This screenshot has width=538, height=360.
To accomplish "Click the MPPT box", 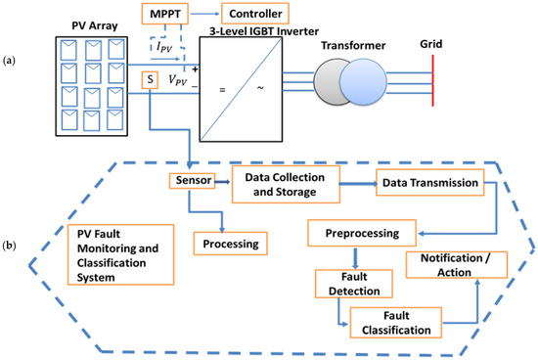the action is coord(165,14).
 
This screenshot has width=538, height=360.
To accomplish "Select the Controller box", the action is coord(255,14).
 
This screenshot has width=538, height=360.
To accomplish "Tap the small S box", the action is coord(150,80).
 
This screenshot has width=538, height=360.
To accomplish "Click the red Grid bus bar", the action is coord(432,80).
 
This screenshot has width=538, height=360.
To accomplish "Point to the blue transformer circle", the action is coord(363,81).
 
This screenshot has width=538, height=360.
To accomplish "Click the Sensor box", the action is coord(192,181).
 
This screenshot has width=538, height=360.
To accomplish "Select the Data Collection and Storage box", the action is coord(287,184).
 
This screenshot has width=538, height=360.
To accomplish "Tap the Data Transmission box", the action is coord(430,183).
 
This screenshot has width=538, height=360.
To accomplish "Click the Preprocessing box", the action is coord(362,234).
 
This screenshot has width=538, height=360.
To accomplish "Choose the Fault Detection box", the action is coord(354,284).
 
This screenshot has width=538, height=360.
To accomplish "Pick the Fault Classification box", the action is coord(396,323).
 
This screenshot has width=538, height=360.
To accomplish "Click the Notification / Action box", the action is coord(457,265).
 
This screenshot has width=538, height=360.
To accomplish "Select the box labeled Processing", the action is coord(231,244).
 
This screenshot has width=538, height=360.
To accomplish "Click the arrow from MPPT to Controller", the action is coord(204,14).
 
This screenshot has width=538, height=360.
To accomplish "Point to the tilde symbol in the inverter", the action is coord(260,88).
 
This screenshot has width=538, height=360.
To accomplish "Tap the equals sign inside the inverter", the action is coord(222,90).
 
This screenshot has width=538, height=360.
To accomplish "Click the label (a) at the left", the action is coord(9,61).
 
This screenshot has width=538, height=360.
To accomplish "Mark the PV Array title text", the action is coord(94,25).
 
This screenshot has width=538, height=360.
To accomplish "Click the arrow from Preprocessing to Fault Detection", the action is coord(355,257).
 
